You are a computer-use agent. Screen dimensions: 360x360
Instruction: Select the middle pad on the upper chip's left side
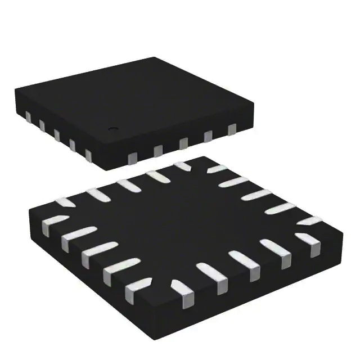tap(57, 133)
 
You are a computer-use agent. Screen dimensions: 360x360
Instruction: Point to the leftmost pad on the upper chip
tap(27, 117)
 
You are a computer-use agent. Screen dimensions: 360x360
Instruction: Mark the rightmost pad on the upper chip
tap(231, 130)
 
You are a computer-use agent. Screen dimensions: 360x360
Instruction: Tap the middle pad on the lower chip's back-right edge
tap(250, 196)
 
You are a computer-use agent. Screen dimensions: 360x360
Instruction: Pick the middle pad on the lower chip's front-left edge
tap(93, 254)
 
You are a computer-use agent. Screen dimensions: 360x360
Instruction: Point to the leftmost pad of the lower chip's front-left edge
tap(51, 223)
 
